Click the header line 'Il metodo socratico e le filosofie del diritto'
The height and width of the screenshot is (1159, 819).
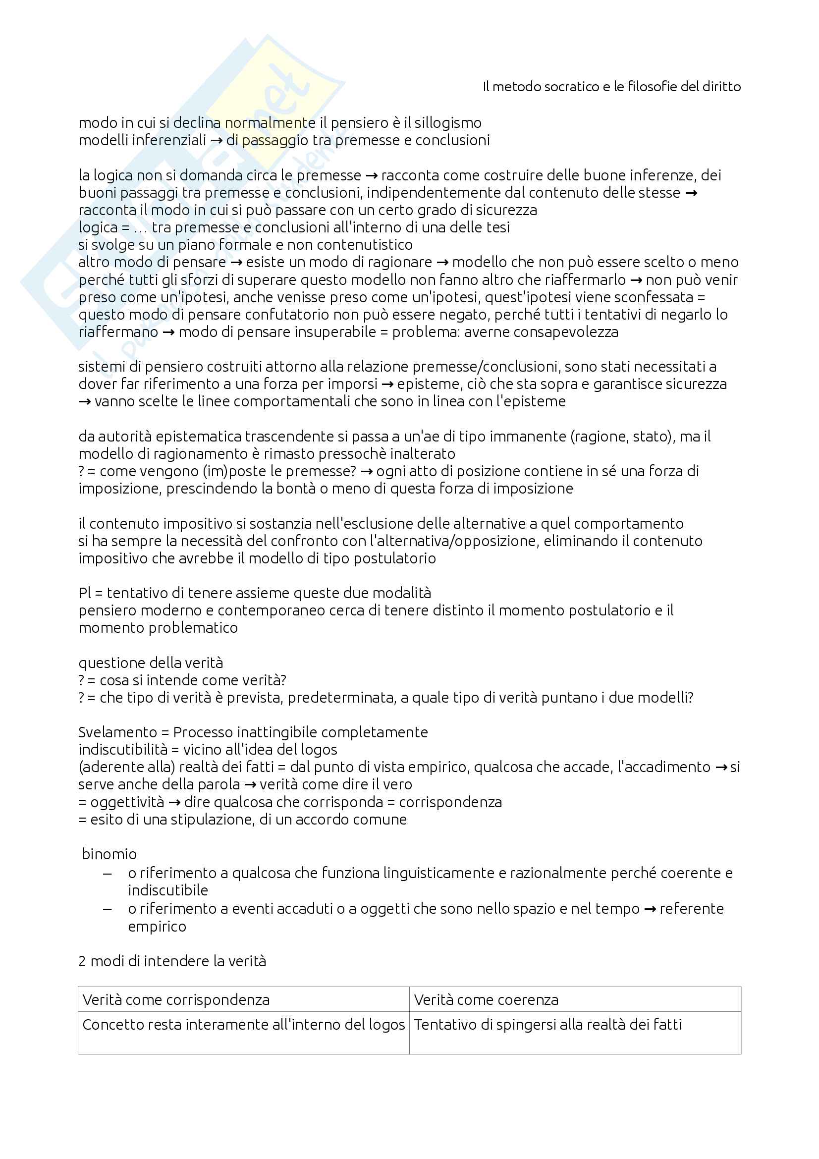(611, 87)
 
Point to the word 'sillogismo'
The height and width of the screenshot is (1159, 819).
(448, 123)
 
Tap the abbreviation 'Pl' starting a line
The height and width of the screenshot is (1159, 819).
(84, 593)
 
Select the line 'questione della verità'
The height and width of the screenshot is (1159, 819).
(151, 662)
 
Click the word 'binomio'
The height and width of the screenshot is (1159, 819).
(109, 854)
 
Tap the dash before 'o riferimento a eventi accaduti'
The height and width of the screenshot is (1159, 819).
(107, 909)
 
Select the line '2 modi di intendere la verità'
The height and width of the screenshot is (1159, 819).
(172, 961)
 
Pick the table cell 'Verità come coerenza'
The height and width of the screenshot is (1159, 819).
(486, 999)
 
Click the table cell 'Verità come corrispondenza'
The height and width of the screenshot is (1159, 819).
(176, 999)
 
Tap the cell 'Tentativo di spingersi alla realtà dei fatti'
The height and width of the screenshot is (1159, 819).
(547, 1024)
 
